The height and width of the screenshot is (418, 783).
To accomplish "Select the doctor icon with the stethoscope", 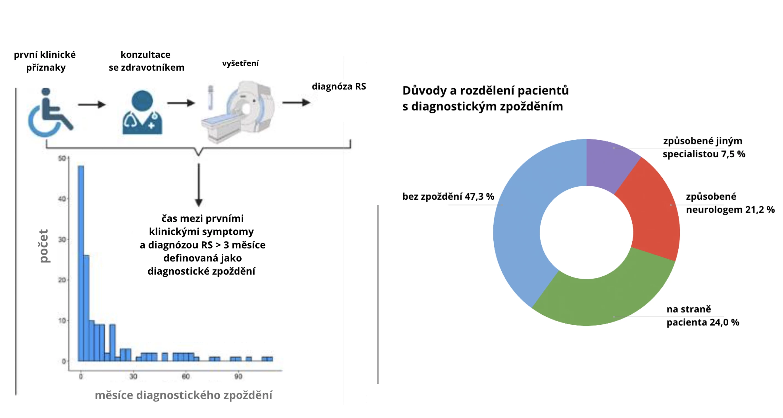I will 142,113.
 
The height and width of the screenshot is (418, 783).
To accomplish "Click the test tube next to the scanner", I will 210,97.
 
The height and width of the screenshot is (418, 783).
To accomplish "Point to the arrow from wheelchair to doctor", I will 91,105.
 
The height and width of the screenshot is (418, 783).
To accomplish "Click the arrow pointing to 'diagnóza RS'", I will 296,102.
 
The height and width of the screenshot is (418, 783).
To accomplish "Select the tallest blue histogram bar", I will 81,263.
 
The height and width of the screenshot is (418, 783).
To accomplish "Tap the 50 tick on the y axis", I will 62,158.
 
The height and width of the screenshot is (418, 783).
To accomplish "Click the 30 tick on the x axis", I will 133,376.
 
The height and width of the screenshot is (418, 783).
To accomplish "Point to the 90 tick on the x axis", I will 238,376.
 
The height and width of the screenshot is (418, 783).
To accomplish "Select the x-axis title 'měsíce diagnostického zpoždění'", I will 183,395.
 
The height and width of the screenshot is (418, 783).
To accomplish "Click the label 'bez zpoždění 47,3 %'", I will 448,196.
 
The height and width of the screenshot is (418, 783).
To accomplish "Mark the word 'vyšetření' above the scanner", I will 240,63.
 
